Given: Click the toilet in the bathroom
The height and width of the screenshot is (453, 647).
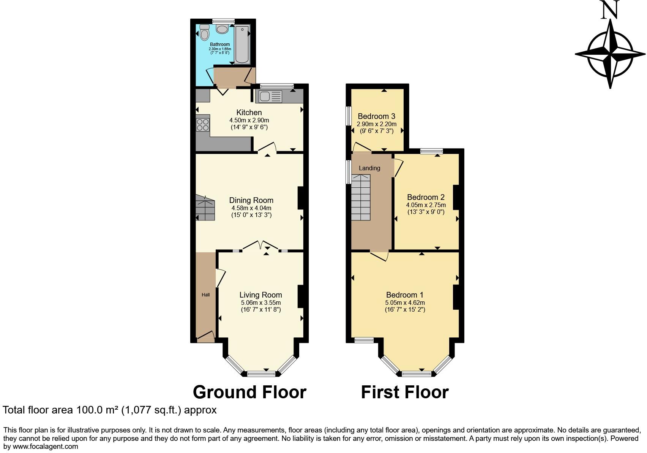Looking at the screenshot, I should tap(205, 33).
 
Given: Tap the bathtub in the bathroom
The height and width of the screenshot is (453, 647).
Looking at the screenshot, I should tap(241, 44).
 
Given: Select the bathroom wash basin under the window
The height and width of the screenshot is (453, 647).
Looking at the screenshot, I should tap(222, 28).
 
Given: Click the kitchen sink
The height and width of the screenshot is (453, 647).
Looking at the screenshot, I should tap(270, 97).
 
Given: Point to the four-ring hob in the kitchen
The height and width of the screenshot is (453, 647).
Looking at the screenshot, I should tap(203, 125).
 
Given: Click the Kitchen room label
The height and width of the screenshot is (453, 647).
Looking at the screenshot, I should tap(249, 112).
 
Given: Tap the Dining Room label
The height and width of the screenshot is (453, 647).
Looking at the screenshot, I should tap(251, 200).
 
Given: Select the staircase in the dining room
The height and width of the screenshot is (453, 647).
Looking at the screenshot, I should tap(205, 208).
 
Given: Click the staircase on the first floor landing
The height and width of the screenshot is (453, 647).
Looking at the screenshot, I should tap(360, 197).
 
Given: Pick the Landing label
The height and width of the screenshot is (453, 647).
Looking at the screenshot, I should tap(369, 168).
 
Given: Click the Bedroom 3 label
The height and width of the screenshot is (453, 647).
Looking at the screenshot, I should tap(376, 116).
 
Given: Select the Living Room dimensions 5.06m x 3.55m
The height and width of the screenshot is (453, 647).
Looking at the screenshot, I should tap(260, 303).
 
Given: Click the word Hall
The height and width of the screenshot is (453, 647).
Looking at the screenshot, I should tap(205, 295).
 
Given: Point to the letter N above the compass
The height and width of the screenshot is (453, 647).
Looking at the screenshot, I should tap(610, 10).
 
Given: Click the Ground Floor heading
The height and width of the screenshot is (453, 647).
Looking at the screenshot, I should tap(249, 392).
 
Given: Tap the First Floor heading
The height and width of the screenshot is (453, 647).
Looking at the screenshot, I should tap(405, 392).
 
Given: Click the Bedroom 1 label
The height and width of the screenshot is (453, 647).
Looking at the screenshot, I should tap(404, 295).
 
